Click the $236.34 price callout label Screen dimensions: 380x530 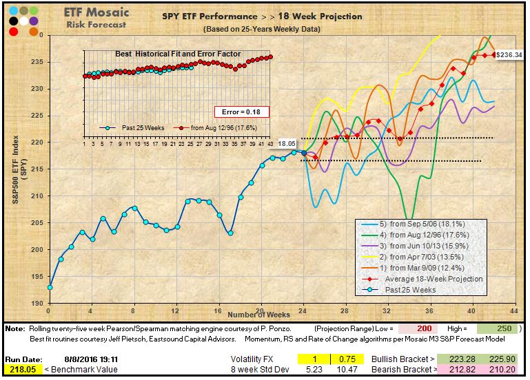[509, 54]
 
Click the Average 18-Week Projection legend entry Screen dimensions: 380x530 [434, 279]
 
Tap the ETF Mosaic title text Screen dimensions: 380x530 [94, 12]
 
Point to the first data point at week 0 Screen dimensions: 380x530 [49, 287]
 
